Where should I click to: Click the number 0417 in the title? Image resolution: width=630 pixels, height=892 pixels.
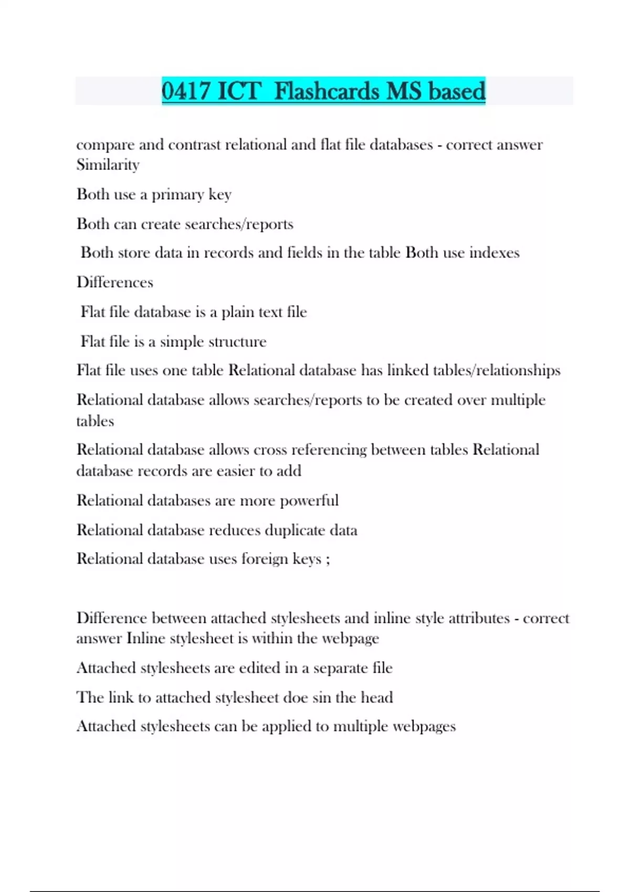(186, 91)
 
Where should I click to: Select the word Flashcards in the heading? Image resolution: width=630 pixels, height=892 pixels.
(327, 91)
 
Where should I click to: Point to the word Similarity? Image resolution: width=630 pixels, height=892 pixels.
(108, 165)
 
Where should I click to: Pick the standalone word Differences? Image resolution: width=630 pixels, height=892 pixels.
(115, 282)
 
